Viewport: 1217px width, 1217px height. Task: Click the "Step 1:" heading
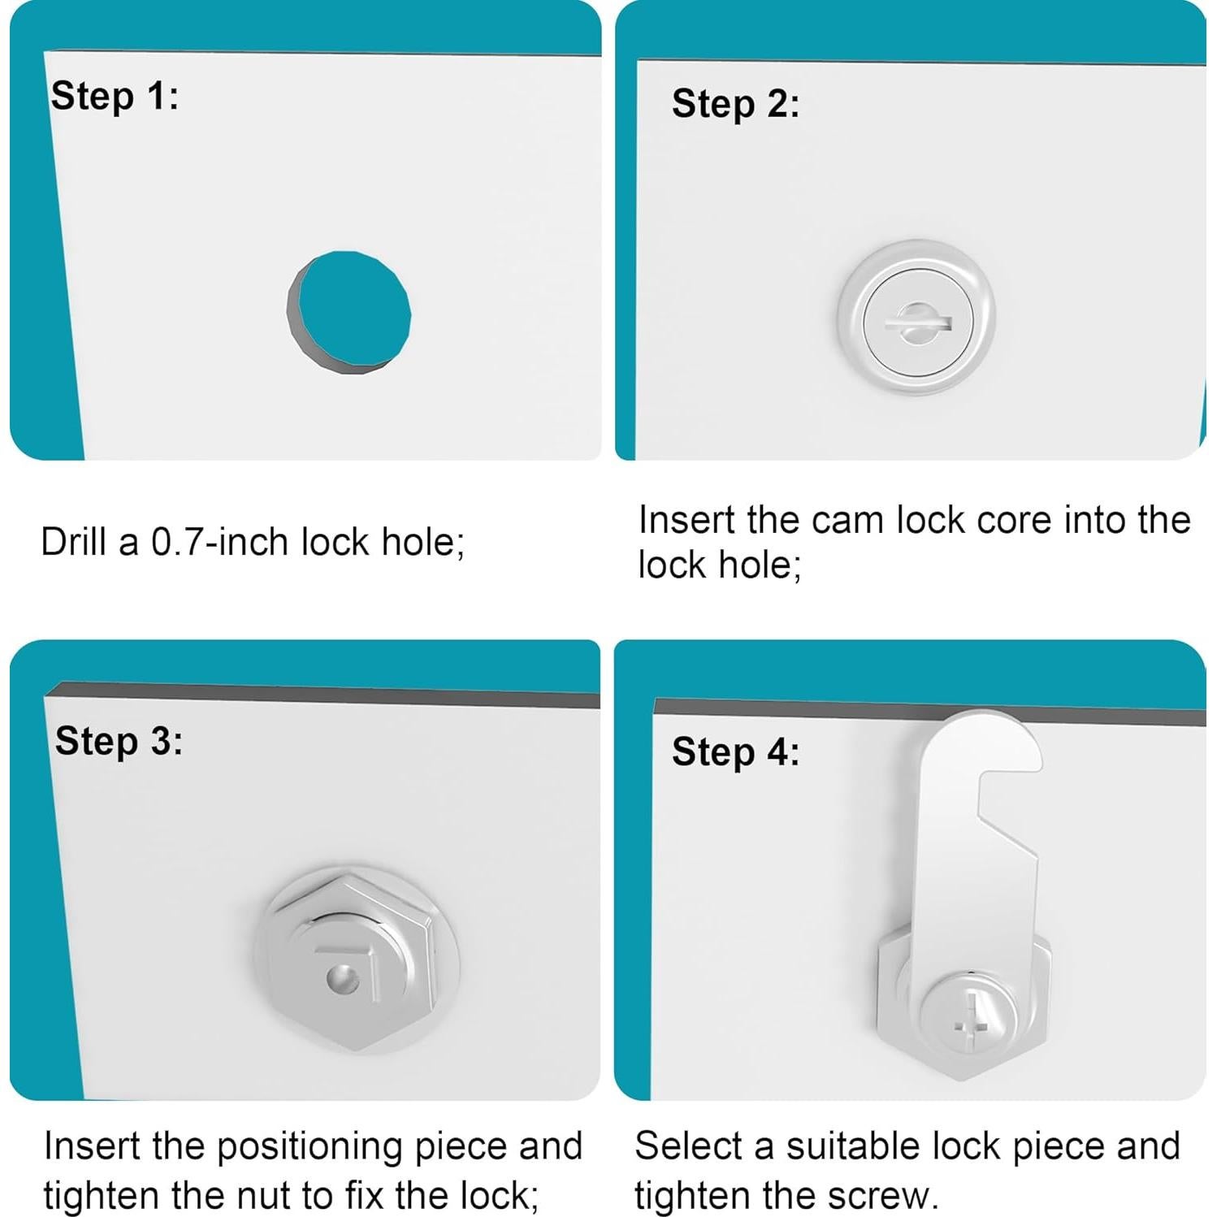[115, 97]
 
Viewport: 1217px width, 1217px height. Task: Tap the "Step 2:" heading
[735, 105]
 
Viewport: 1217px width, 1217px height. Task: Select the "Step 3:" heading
[119, 742]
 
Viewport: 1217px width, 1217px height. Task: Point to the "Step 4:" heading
[735, 751]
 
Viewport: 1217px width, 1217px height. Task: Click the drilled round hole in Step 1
[349, 313]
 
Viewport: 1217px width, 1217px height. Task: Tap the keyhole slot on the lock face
[917, 322]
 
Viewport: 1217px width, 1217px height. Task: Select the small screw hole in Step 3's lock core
[342, 979]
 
